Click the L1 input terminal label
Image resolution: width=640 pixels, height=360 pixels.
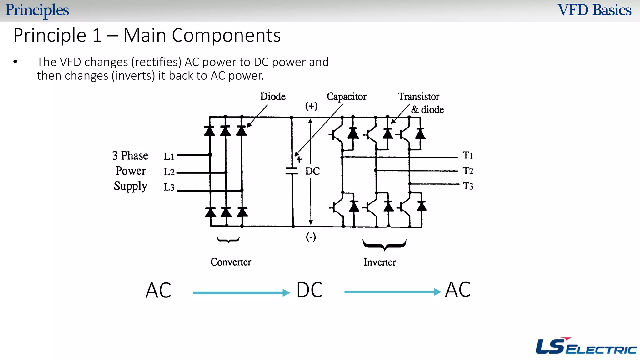169,156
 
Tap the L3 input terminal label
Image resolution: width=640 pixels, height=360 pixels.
169,187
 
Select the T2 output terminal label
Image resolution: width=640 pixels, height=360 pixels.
468,171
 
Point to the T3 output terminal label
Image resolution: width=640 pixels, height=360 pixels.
468,186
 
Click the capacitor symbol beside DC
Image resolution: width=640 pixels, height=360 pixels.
292,171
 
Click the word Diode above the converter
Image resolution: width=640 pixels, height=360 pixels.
272,96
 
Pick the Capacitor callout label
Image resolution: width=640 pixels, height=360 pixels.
346,97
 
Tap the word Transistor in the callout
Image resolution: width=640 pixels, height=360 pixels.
418,97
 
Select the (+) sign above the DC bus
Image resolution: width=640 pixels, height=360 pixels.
311,106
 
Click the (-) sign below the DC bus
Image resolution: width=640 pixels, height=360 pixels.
311,237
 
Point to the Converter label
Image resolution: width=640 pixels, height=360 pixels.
231,262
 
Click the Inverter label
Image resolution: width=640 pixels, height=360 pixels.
379,262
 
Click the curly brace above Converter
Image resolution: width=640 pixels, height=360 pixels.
228,240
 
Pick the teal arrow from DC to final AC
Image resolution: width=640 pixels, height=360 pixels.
392,292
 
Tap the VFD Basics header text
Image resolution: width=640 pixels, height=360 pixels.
594,10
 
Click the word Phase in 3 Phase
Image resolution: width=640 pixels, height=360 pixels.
134,155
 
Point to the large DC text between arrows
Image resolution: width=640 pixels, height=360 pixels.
309,290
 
